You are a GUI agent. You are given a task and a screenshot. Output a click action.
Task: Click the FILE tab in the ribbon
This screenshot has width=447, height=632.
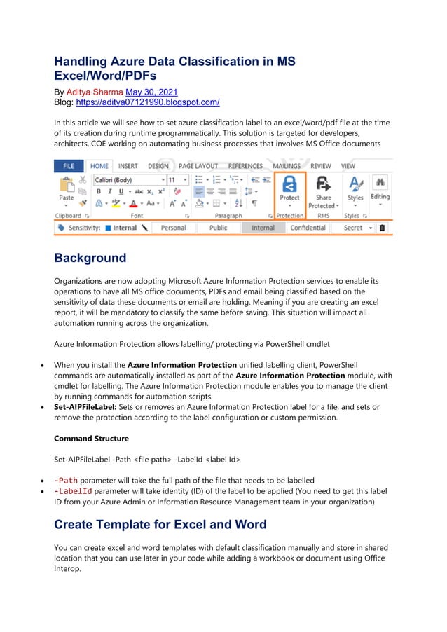click(69, 166)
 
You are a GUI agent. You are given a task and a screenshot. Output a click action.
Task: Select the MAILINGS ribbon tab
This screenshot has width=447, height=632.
click(287, 166)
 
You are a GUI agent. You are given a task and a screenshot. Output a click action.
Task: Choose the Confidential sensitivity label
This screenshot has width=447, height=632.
click(308, 228)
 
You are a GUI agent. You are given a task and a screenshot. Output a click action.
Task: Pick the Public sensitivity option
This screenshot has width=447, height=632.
click(218, 228)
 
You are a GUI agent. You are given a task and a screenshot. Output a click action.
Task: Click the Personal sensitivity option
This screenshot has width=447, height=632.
click(173, 228)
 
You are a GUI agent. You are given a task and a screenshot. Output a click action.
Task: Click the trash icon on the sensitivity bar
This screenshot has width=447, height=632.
click(383, 228)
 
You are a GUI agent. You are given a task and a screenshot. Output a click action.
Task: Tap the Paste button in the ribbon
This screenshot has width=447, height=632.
click(66, 190)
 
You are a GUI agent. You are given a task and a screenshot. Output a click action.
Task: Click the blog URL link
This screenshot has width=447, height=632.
click(147, 102)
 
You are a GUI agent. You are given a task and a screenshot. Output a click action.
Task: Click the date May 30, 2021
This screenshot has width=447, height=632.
click(151, 92)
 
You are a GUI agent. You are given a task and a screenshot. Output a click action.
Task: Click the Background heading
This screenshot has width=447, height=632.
click(90, 258)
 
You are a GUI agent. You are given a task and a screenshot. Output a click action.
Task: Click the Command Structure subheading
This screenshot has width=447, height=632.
click(91, 439)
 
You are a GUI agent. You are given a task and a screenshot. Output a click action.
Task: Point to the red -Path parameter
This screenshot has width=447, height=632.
click(66, 480)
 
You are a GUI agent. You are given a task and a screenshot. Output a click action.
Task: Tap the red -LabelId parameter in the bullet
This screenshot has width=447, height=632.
click(73, 491)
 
